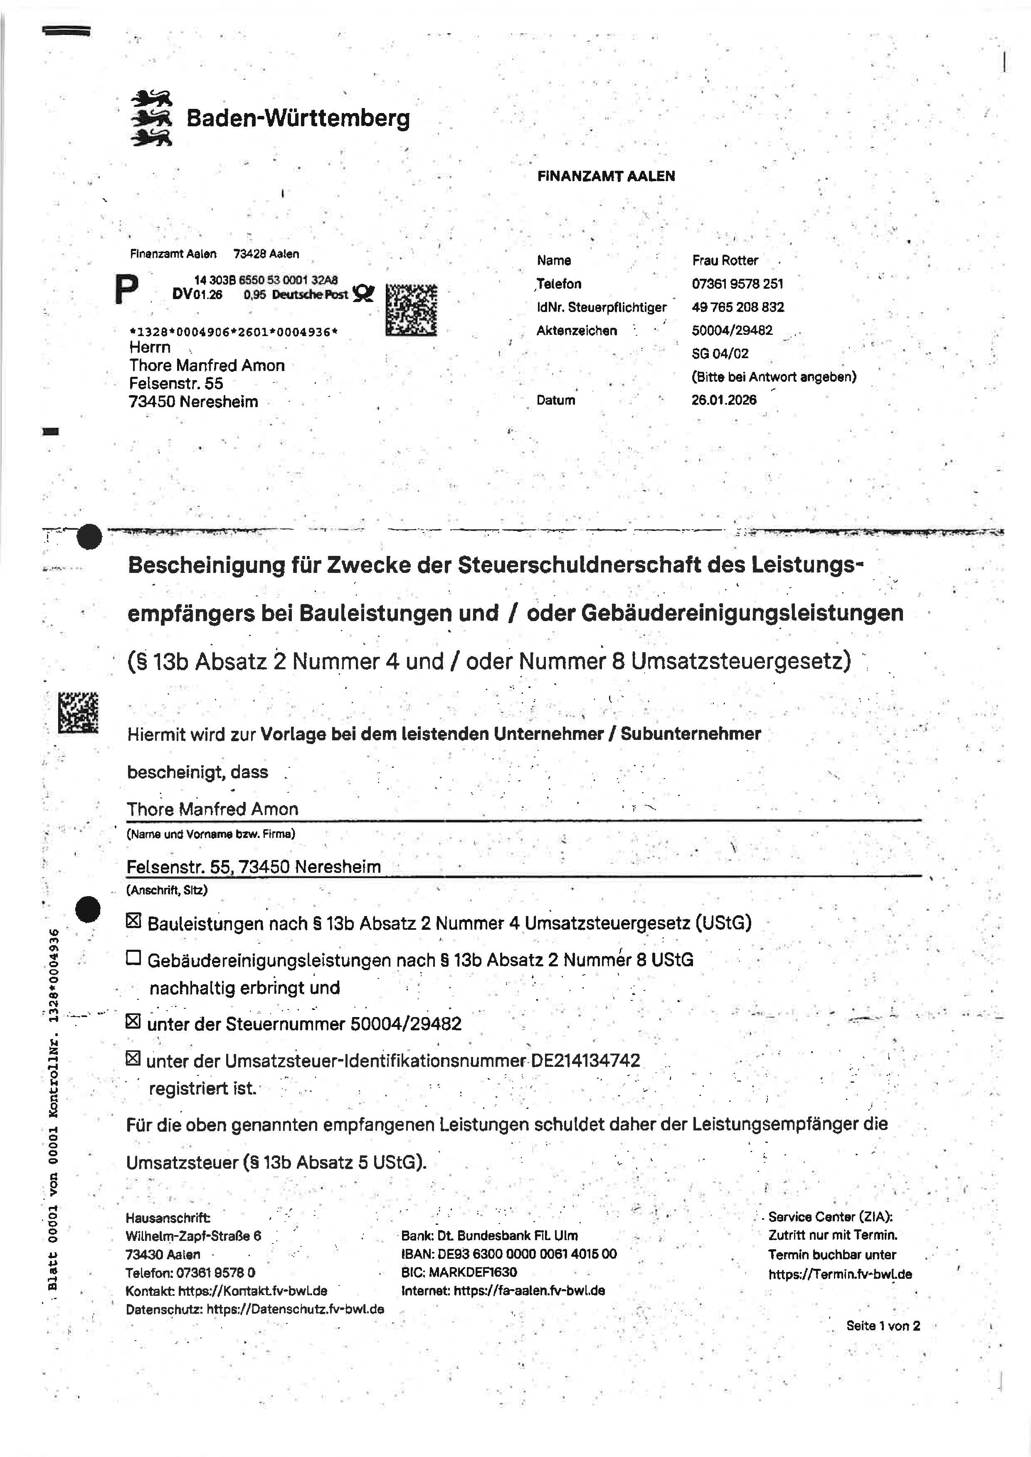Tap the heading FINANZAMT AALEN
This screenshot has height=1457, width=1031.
[606, 177]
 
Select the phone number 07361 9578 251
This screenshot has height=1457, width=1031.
[737, 284]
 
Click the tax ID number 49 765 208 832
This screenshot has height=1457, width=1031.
[737, 307]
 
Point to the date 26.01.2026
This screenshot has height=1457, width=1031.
[724, 400]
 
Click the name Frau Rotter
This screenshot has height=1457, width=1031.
[725, 260]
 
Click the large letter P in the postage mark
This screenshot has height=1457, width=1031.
[126, 290]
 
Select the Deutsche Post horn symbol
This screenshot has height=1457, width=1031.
[363, 294]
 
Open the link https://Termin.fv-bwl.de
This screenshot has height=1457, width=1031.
[840, 1274]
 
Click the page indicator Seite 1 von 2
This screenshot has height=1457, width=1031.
[883, 1326]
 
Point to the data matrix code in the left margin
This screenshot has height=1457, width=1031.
[78, 712]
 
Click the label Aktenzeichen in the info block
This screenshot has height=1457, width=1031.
[577, 331]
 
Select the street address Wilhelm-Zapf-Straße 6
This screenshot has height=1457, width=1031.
[193, 1236]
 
